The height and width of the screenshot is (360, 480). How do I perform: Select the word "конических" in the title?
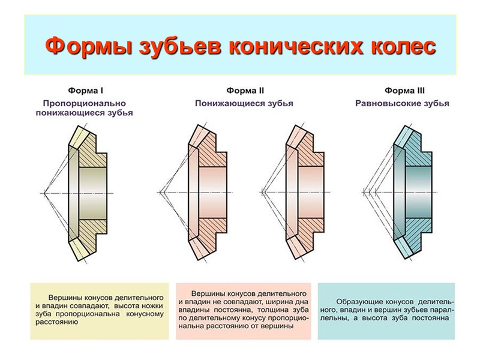[292, 46]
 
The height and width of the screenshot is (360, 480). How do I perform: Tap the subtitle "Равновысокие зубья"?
[403, 103]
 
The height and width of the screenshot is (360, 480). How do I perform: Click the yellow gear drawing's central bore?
[93, 193]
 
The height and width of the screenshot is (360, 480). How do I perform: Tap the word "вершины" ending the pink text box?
[278, 326]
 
